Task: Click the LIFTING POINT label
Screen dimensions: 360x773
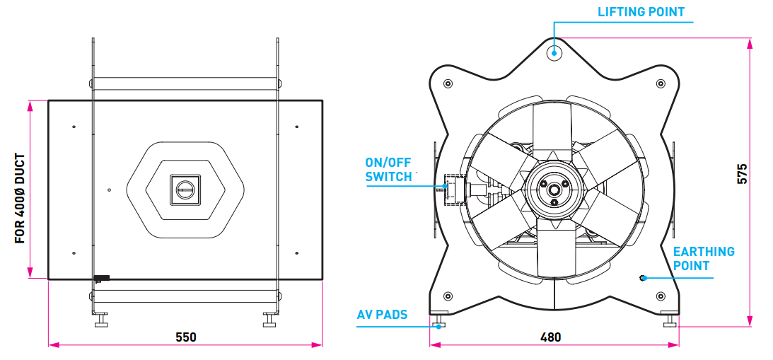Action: click(x=641, y=12)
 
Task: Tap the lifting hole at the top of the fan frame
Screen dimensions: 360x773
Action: click(x=554, y=51)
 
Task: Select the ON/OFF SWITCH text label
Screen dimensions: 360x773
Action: click(x=388, y=170)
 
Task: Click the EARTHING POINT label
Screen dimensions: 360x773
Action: click(x=703, y=258)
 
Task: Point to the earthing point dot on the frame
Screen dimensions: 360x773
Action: click(x=642, y=277)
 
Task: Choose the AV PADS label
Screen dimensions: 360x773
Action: click(x=382, y=314)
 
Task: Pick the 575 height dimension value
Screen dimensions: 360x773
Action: click(x=742, y=174)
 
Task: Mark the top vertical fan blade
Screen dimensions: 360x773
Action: click(x=552, y=131)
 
